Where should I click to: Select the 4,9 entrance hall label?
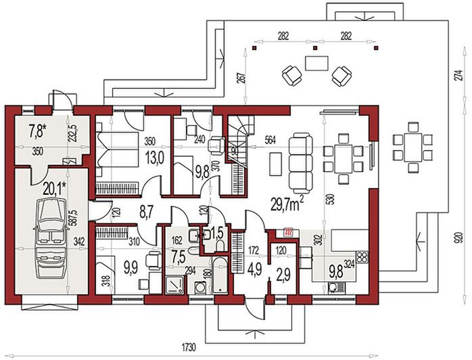coord(255,266)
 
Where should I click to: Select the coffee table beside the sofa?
coord(275,162)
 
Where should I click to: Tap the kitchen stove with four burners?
coord(362,257)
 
